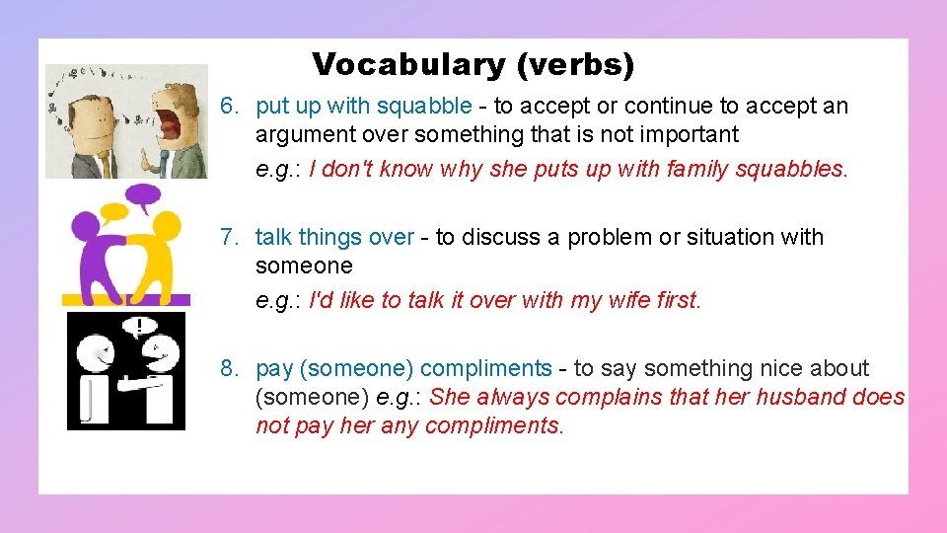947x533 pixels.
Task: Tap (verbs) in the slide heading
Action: click(575, 65)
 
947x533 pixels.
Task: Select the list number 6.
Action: click(230, 106)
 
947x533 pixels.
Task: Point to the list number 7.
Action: click(230, 237)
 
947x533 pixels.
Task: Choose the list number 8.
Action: click(230, 368)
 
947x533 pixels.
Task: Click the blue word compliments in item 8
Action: click(485, 368)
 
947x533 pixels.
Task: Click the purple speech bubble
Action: click(145, 193)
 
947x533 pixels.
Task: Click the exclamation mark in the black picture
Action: click(142, 325)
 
